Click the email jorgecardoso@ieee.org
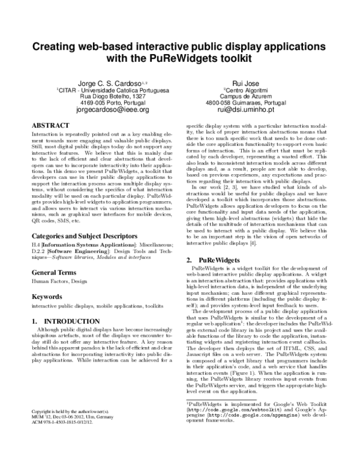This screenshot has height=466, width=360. [x=113, y=110]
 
